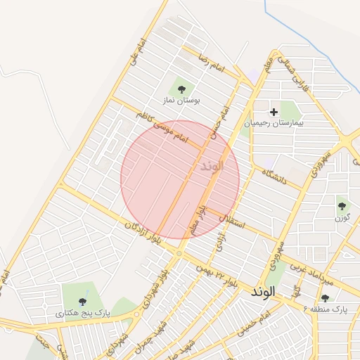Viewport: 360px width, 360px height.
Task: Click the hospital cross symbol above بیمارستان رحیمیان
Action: (x=274, y=111)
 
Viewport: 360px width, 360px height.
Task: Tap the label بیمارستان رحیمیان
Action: (x=274, y=124)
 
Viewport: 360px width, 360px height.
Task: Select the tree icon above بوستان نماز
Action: (x=182, y=89)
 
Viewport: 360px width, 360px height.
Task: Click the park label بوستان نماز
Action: (x=182, y=101)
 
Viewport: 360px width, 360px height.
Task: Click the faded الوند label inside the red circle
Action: (x=211, y=166)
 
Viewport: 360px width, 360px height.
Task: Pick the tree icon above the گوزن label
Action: (x=342, y=205)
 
